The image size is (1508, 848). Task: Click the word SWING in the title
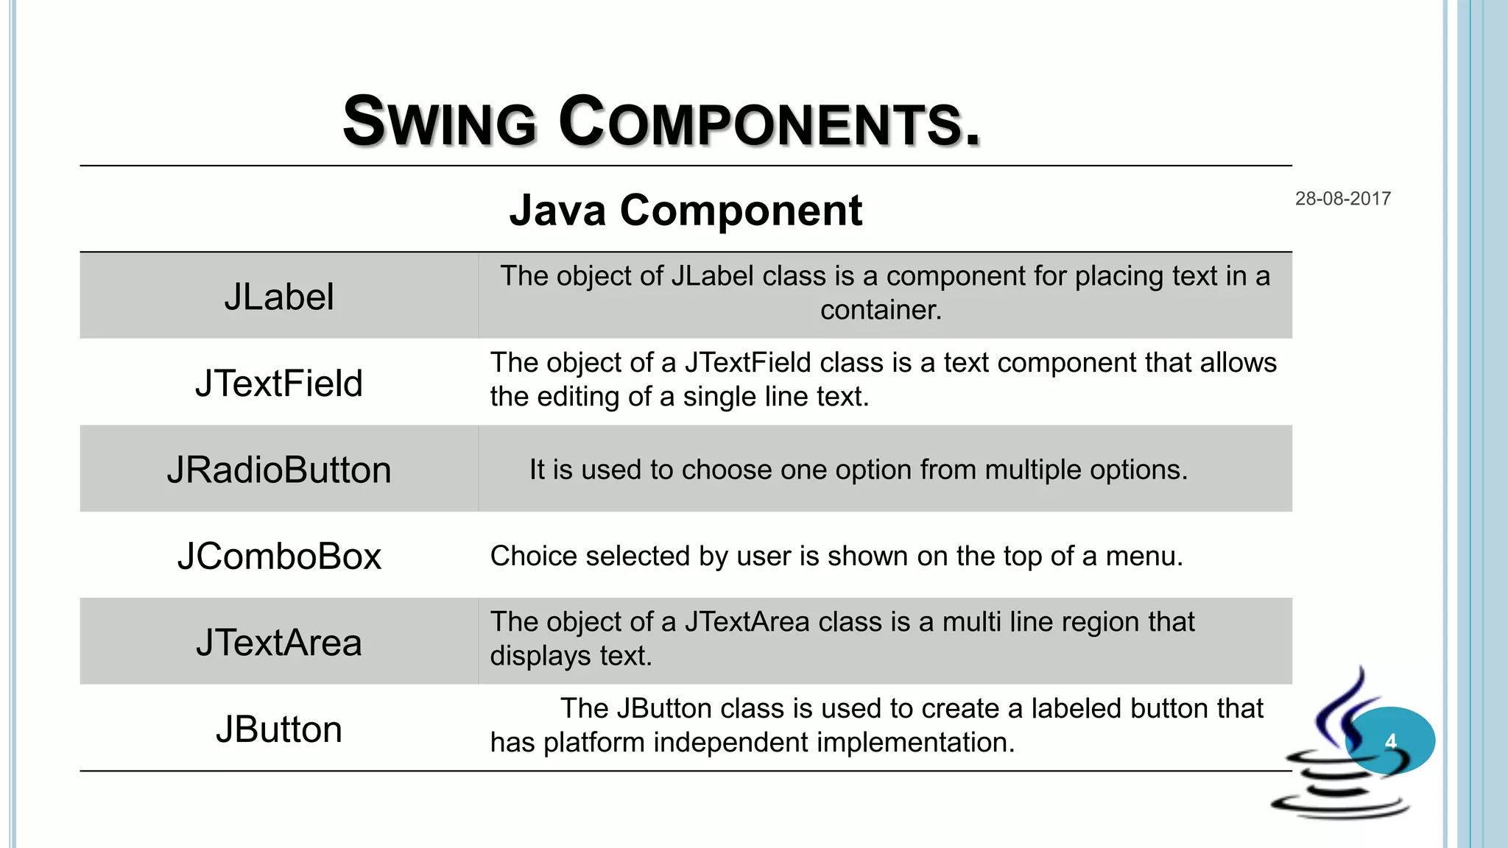[x=440, y=122]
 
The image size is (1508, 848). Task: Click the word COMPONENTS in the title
[x=769, y=122]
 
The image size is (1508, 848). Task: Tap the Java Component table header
[x=686, y=211]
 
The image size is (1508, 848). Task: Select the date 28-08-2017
[x=1342, y=199]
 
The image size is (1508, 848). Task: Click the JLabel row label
[x=278, y=297]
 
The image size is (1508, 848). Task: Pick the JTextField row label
[x=278, y=384]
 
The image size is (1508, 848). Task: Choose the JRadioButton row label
[x=278, y=470]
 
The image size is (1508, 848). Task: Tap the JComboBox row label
[x=278, y=556]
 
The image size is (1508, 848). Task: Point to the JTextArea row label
[x=278, y=643]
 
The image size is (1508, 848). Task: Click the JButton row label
[x=278, y=729]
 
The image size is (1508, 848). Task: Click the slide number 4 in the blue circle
[x=1390, y=741]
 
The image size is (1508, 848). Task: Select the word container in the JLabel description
[x=880, y=311]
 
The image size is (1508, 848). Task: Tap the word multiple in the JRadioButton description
[x=1033, y=470]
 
